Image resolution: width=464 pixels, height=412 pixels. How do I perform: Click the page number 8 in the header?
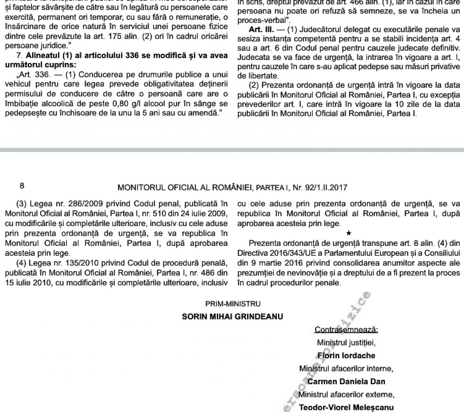(22, 186)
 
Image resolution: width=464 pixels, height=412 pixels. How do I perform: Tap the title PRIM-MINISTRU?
(233, 304)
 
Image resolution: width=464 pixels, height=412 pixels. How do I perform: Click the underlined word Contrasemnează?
(346, 330)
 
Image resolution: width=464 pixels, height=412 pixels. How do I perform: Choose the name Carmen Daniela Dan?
(346, 381)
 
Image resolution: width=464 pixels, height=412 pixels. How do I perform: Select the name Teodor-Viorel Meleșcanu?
(346, 407)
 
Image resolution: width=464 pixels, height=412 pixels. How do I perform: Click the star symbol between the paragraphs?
(349, 233)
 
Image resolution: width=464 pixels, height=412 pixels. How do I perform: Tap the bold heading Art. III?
(261, 30)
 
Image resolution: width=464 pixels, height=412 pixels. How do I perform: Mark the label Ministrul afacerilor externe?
(346, 395)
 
